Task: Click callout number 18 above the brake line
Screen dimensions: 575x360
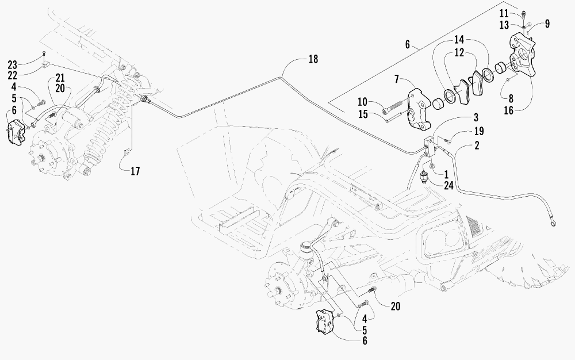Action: click(313, 59)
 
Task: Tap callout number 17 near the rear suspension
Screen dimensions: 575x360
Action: click(135, 171)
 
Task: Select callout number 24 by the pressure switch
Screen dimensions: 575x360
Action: click(448, 186)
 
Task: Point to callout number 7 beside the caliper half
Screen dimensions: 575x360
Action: click(396, 79)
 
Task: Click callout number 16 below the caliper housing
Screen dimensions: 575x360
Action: click(509, 110)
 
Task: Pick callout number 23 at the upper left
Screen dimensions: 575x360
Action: click(13, 65)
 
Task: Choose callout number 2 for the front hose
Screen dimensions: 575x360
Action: click(477, 145)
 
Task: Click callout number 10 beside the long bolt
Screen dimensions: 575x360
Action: click(362, 102)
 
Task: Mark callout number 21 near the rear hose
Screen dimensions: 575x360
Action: click(60, 78)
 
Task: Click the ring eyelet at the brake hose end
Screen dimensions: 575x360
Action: click(552, 222)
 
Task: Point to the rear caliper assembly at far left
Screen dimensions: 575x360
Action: click(16, 131)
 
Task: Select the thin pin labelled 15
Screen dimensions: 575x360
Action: click(395, 117)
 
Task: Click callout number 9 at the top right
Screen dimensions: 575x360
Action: click(547, 24)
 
